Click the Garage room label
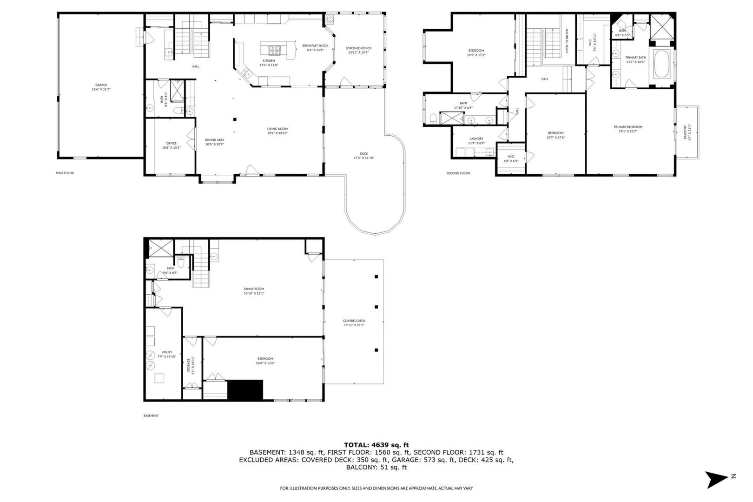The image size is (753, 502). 101,85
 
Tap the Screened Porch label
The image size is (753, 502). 358,48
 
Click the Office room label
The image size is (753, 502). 172,143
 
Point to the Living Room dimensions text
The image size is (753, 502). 277,133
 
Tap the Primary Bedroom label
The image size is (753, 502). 627,127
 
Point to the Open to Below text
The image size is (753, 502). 567,41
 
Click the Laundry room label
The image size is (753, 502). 476,139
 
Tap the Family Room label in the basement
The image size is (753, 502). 254,289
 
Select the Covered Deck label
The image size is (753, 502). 354,321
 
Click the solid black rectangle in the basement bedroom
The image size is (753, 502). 245,390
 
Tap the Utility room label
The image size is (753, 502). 167,352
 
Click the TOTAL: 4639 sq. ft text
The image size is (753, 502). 376,445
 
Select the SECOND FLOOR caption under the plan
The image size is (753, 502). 458,173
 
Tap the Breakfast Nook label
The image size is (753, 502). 315,46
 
